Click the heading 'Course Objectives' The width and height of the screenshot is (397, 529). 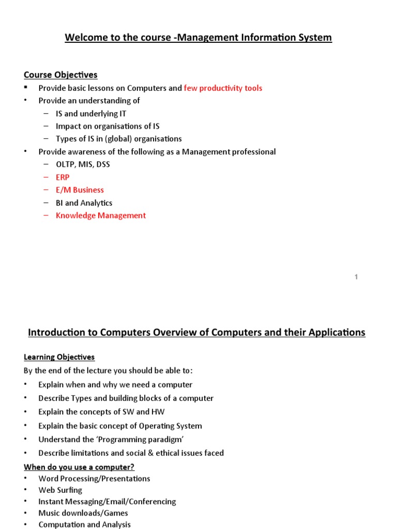[x=60, y=75]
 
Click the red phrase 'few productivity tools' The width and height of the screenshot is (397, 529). [x=223, y=88]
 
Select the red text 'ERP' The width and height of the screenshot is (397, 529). [x=63, y=177]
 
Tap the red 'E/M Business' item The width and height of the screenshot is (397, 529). [x=80, y=190]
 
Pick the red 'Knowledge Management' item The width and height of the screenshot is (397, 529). [x=101, y=215]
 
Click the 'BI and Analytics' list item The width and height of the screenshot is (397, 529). [x=84, y=203]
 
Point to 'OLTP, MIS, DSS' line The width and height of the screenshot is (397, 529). [x=83, y=164]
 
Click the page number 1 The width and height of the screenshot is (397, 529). [x=356, y=277]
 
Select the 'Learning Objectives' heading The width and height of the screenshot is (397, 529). [x=59, y=357]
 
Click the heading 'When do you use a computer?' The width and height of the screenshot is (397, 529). [x=79, y=467]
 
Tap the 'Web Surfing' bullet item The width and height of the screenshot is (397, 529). [x=60, y=490]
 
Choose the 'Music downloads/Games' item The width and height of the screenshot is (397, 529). [x=83, y=513]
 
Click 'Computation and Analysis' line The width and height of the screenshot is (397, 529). [x=84, y=524]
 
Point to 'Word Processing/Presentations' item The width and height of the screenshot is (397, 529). [x=94, y=478]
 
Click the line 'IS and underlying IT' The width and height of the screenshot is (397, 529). [x=91, y=113]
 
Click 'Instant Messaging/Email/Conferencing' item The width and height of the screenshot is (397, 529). [x=107, y=501]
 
